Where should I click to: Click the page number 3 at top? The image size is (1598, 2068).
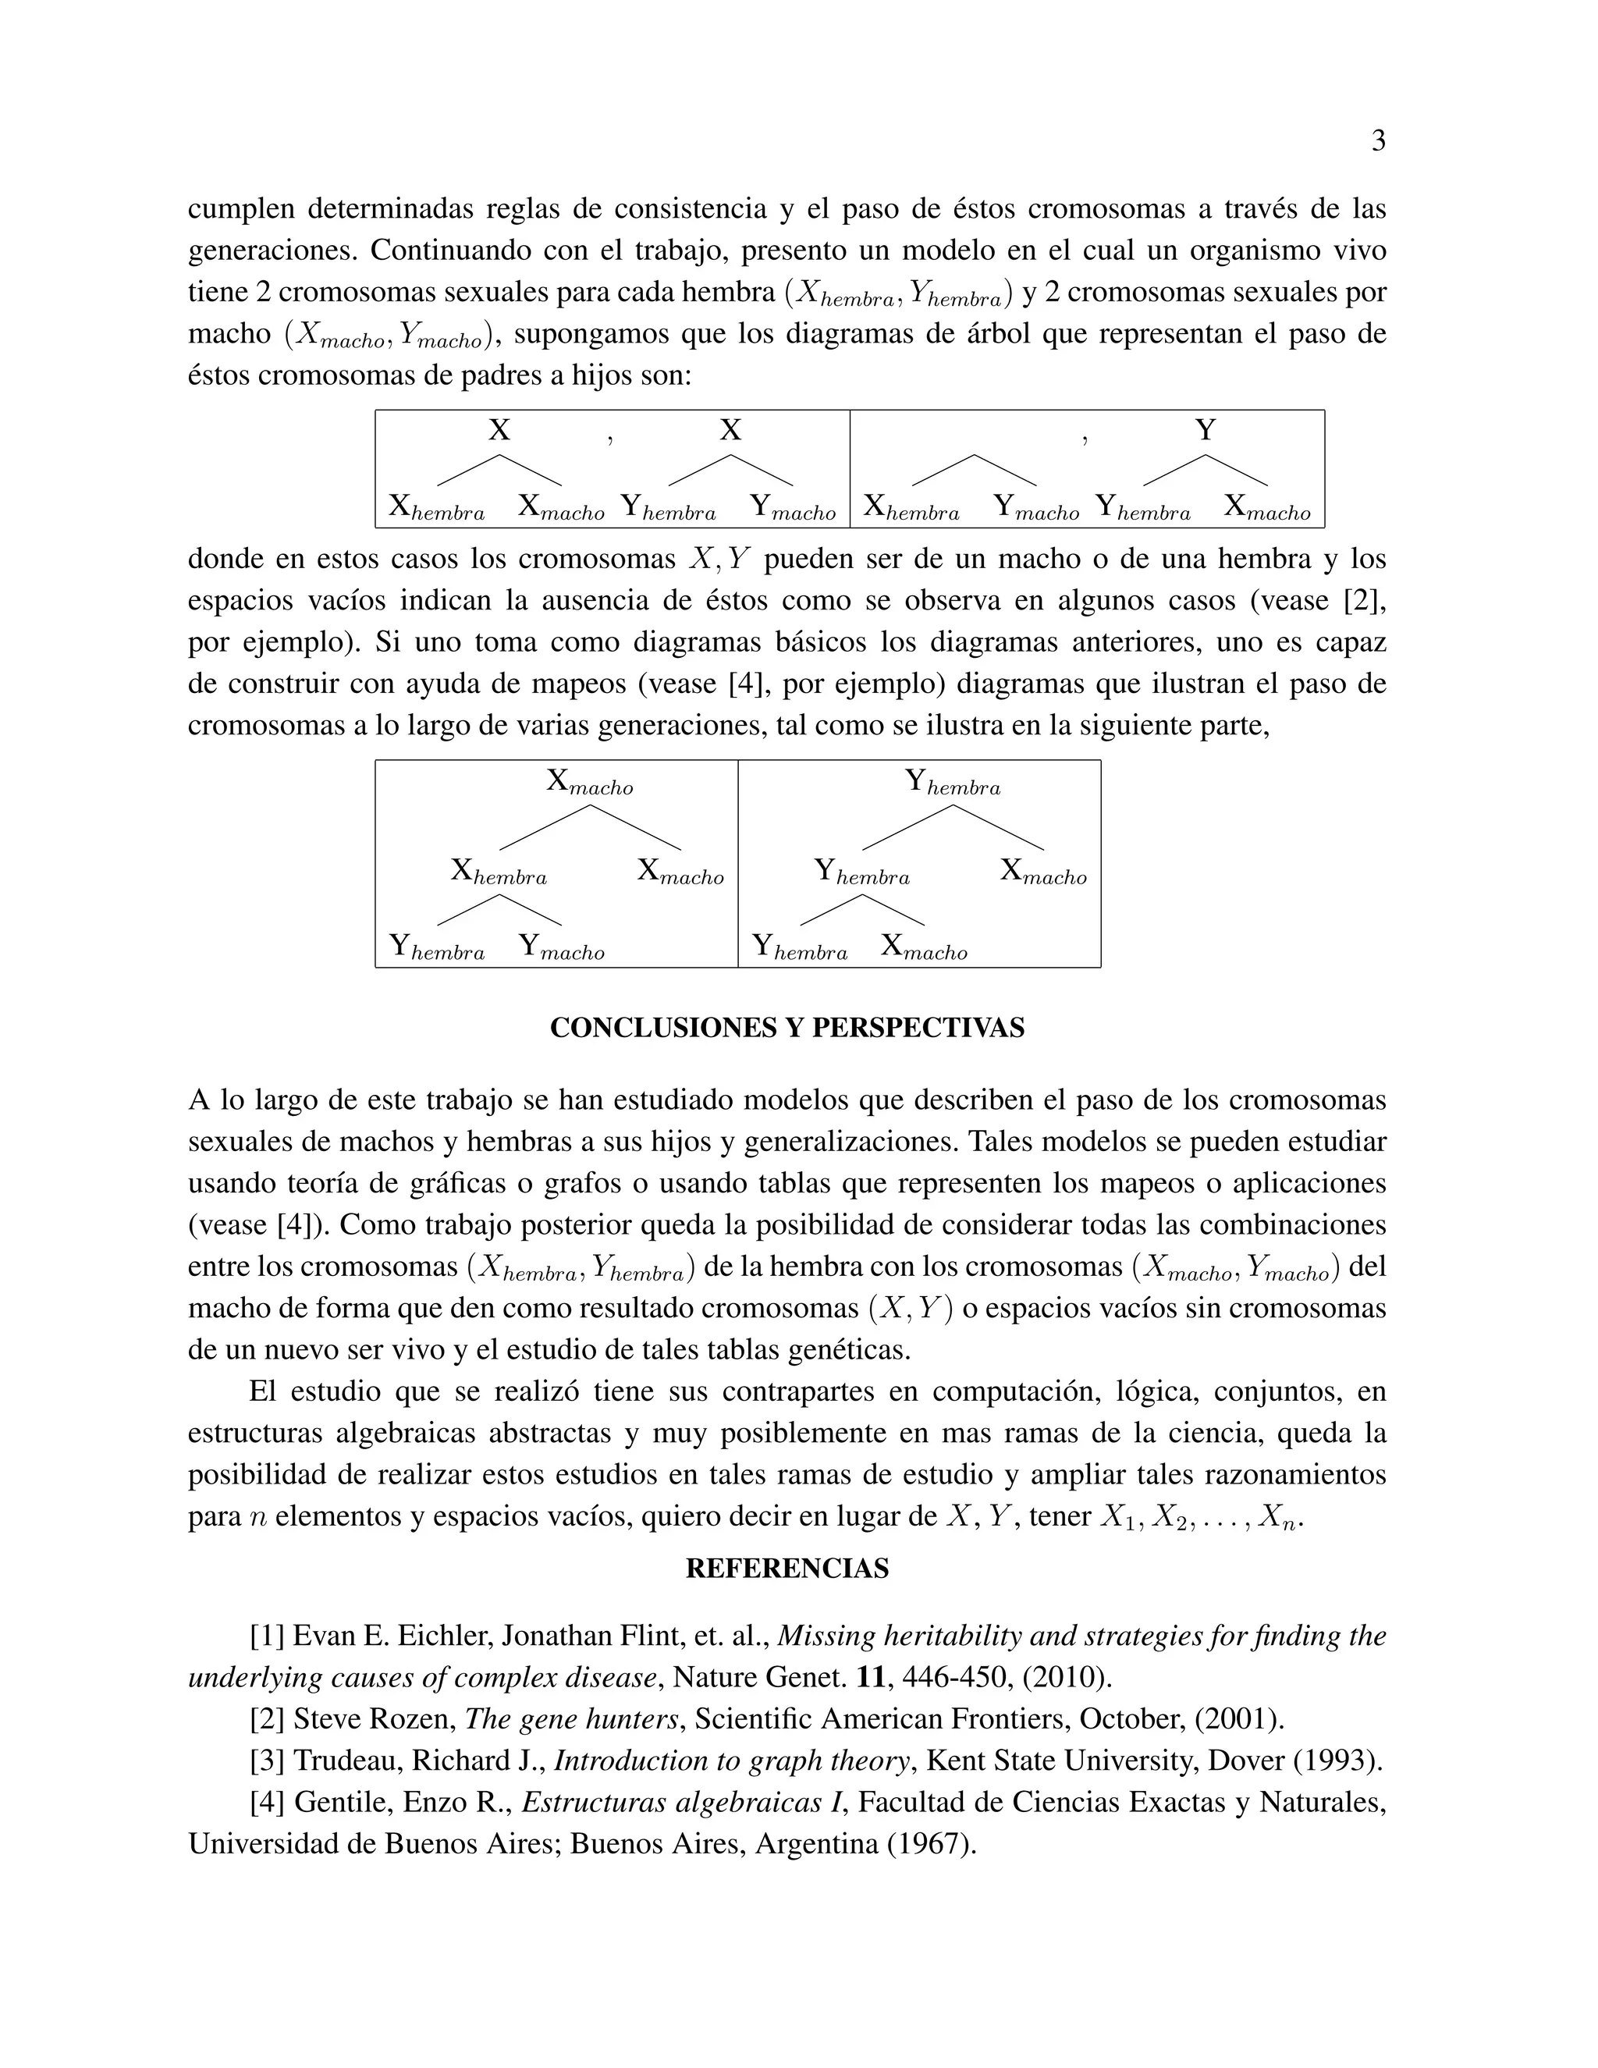tap(1379, 141)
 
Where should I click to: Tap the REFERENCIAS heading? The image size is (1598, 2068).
tap(787, 1569)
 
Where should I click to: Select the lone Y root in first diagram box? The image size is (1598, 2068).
tap(1204, 430)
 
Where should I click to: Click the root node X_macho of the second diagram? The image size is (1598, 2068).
tap(589, 782)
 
